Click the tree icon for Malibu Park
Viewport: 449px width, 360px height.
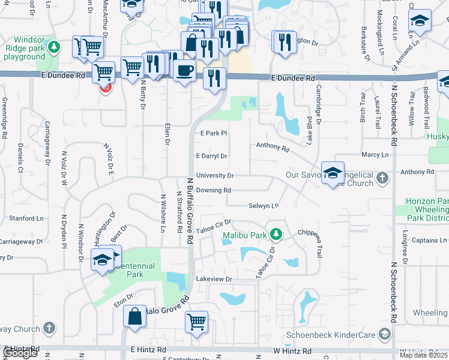coord(276,233)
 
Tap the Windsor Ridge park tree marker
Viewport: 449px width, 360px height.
coord(54,46)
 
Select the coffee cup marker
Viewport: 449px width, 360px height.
coord(184,70)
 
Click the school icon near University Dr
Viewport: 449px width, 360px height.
coord(333,174)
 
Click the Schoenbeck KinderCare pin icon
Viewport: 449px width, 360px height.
coord(385,334)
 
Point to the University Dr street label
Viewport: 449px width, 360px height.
coord(214,176)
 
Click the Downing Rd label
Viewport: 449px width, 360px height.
coord(213,190)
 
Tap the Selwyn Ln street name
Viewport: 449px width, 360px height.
coord(264,206)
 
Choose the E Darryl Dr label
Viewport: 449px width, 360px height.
coord(212,156)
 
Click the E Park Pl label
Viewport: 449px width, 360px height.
coord(213,133)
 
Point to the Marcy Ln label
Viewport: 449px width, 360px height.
coord(376,155)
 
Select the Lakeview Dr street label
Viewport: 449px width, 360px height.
coord(214,280)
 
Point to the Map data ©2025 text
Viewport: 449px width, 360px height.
coord(423,355)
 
